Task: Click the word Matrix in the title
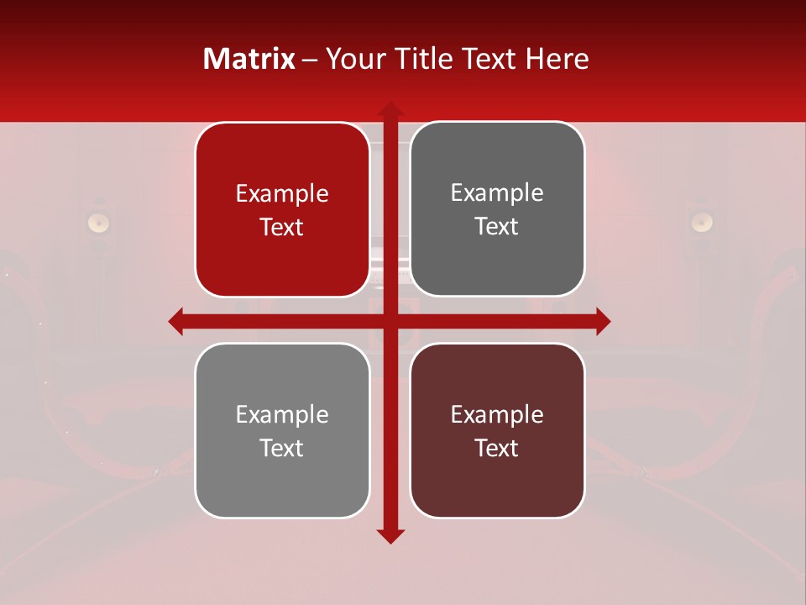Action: coord(249,59)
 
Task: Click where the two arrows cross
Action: coord(390,320)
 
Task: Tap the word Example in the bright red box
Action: coord(282,194)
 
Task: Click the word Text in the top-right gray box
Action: coord(497,227)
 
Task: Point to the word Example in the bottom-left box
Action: coord(282,415)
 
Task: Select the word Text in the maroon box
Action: coord(497,448)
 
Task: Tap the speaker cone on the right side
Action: coord(702,222)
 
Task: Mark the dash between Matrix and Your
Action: coord(310,60)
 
